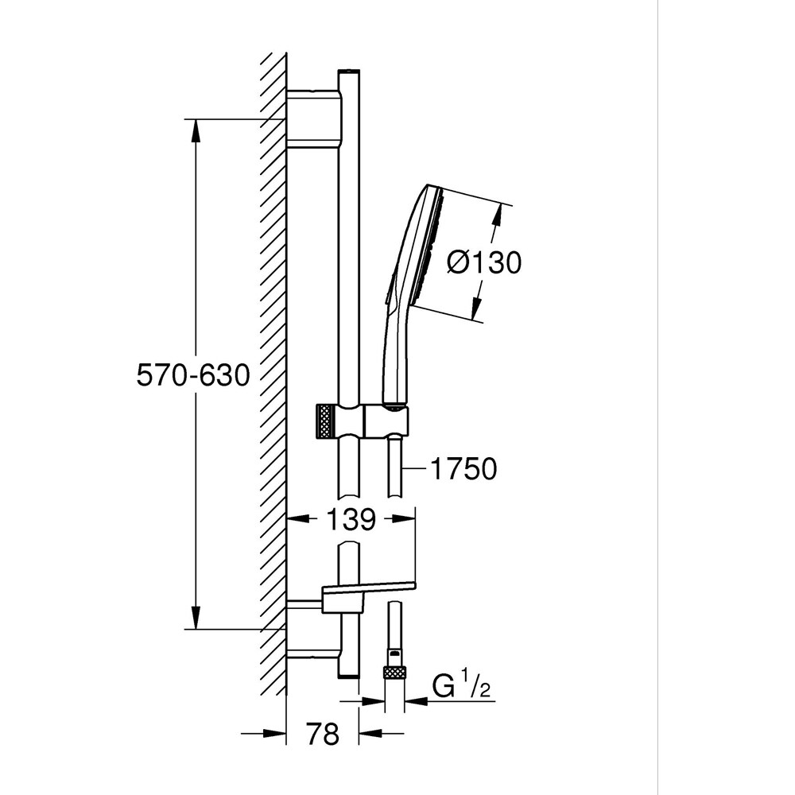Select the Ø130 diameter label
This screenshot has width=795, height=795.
(483, 262)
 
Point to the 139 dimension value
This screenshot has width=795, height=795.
(350, 520)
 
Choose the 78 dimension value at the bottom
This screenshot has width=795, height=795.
(321, 734)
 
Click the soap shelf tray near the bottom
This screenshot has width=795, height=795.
(368, 589)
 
